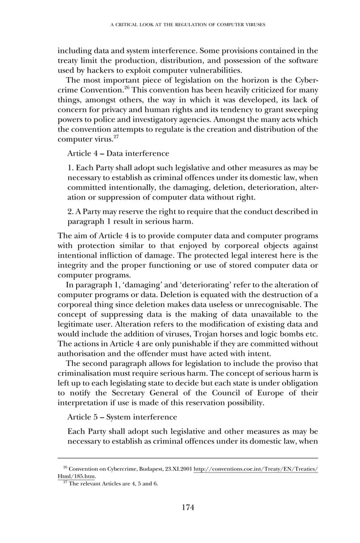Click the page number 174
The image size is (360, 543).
click(188, 507)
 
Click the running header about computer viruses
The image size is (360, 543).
click(188, 25)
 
